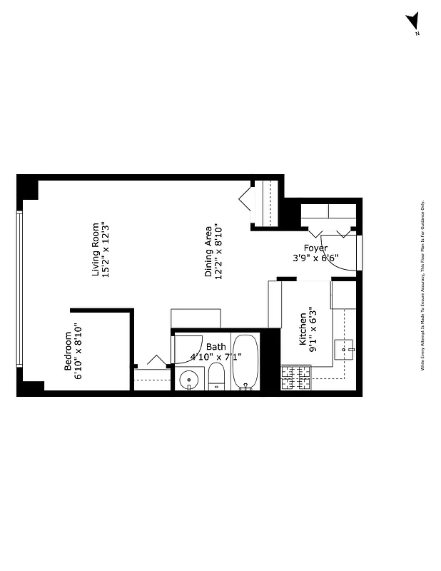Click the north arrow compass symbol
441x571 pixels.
[x=412, y=23]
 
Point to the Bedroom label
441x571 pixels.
[x=69, y=351]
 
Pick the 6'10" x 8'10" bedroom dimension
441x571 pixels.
[x=79, y=351]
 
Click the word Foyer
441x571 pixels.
[x=315, y=248]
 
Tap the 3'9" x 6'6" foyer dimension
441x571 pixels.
[x=315, y=258]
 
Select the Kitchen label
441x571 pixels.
[x=303, y=328]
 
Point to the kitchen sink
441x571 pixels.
[x=344, y=350]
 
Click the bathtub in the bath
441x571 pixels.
[x=245, y=362]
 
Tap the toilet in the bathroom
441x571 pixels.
[x=217, y=378]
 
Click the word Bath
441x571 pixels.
[x=216, y=347]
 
